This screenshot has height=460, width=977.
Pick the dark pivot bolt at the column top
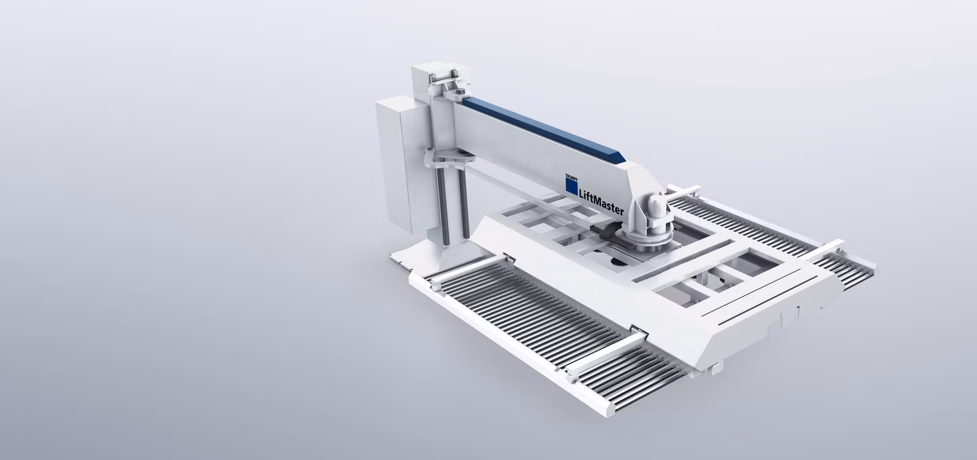(459, 92)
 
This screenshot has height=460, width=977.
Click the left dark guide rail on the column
(444, 204)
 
